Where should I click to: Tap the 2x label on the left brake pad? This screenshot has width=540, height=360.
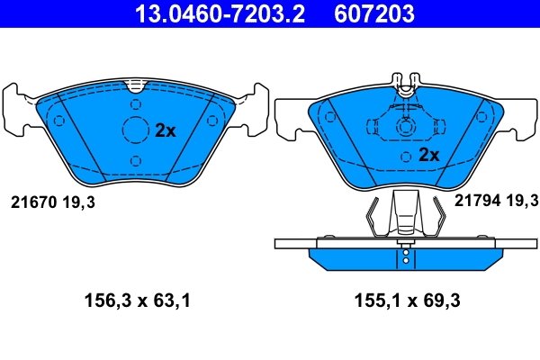pos(165,130)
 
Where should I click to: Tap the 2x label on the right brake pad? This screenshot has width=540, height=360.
pos(429,155)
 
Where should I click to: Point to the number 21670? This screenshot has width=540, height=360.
pos(33,202)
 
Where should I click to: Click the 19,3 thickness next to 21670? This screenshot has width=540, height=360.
pos(78,202)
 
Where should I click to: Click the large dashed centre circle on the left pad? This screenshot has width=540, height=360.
pos(135,130)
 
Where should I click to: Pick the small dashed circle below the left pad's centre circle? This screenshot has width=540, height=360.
pos(135,161)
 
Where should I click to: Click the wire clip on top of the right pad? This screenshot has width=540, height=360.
pos(405,84)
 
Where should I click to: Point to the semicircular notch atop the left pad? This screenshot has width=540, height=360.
pos(135,87)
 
